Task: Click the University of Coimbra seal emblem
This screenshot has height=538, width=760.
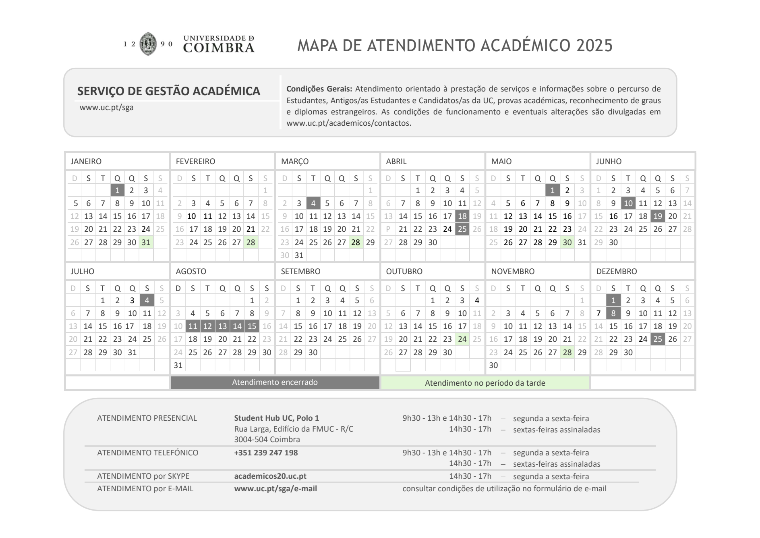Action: click(148, 44)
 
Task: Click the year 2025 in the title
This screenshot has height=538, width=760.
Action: click(594, 46)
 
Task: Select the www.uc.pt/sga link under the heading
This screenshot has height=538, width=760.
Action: click(106, 108)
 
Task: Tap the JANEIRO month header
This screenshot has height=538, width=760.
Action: click(86, 161)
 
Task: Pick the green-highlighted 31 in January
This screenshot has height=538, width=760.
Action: click(146, 242)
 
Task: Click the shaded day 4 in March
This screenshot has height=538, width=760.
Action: click(313, 203)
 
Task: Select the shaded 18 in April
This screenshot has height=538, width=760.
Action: click(462, 216)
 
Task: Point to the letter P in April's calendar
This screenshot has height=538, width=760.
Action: click(388, 229)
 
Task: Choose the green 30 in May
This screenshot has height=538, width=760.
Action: click(567, 242)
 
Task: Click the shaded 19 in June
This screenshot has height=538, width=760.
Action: click(658, 216)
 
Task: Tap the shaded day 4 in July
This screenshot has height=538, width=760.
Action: click(147, 300)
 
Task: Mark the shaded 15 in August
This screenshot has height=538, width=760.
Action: click(252, 326)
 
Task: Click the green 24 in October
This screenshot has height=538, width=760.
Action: click(462, 339)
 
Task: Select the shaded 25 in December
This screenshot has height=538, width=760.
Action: click(658, 339)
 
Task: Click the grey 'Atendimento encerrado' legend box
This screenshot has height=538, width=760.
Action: click(275, 382)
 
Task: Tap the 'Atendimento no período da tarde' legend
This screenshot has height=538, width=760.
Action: click(485, 383)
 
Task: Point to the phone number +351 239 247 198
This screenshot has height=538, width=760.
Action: click(266, 453)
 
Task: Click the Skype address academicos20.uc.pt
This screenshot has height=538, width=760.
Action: click(270, 476)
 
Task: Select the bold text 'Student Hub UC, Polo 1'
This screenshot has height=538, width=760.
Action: click(276, 418)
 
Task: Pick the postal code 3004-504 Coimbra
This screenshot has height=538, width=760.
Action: click(267, 439)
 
